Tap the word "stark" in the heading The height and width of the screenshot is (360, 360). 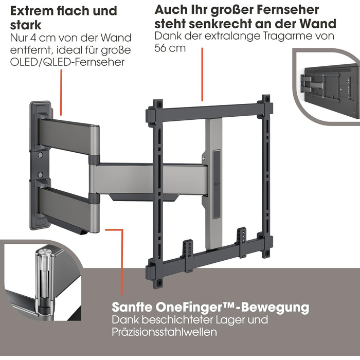[26, 25]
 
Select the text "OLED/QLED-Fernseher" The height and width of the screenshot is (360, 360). [67, 62]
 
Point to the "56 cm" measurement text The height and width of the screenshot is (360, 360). [170, 48]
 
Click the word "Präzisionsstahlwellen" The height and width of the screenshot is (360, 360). [164, 332]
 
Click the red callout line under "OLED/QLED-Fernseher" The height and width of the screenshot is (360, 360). [61, 93]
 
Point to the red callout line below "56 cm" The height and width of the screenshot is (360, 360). [202, 75]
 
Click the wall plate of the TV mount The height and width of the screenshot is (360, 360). [40, 165]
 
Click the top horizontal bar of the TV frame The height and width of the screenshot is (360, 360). [209, 112]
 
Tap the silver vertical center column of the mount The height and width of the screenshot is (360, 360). [214, 184]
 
